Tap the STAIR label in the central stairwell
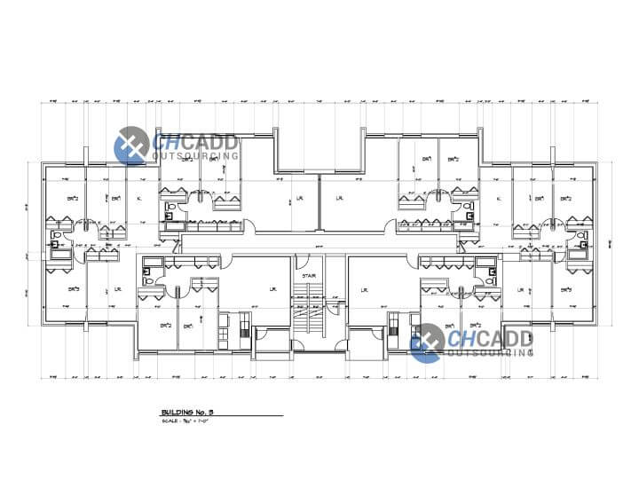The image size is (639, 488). (309, 277)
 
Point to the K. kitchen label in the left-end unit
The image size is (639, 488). (140, 198)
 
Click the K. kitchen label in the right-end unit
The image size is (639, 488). (498, 198)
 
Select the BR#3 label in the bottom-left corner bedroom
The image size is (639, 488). (74, 289)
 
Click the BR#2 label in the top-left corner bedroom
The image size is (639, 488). (74, 198)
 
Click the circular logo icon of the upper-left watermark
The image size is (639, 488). (132, 145)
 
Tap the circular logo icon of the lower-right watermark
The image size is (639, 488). (427, 342)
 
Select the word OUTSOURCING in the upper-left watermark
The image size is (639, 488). (197, 155)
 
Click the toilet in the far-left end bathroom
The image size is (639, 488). (55, 238)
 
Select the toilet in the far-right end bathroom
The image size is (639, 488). (583, 238)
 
